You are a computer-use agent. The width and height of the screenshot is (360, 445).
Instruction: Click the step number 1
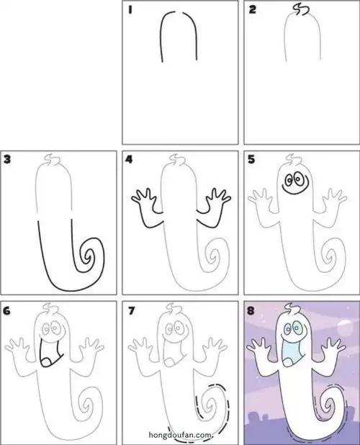coord(130,10)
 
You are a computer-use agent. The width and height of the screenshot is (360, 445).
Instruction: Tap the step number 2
coord(252,10)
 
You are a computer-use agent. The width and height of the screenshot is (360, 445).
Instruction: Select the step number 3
coord(7,159)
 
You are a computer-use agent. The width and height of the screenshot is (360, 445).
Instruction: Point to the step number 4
coord(129,160)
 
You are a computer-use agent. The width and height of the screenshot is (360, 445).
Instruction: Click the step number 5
coord(251,160)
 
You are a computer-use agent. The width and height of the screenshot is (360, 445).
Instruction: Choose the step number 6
coord(7,311)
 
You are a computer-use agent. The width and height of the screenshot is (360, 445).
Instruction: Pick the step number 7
coord(131,311)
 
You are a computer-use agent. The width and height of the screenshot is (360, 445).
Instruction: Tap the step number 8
coord(251,311)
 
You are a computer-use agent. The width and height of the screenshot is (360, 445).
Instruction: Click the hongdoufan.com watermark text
coord(181,435)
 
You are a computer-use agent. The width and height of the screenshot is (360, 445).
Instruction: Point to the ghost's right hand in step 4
coord(218,195)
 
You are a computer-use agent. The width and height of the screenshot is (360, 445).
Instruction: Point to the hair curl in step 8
coord(291,307)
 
